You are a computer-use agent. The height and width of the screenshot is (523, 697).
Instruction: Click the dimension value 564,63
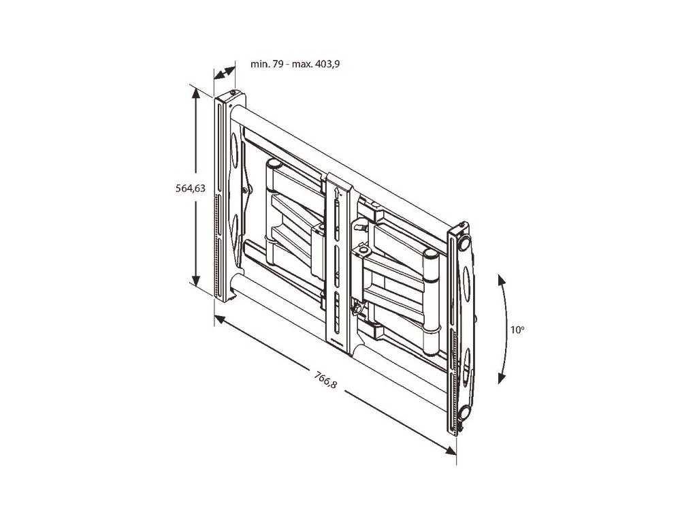click(x=190, y=189)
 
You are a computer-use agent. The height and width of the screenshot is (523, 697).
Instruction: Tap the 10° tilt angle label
click(x=518, y=330)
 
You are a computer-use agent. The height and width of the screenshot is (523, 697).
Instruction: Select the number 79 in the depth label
click(x=274, y=64)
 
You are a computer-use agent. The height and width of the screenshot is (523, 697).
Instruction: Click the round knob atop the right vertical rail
click(x=466, y=241)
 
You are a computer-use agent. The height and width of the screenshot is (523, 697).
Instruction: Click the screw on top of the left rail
click(x=233, y=94)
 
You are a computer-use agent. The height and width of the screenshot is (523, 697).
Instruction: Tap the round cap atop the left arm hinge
click(x=273, y=163)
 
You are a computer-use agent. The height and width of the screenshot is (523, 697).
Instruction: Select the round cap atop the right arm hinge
click(x=429, y=253)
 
